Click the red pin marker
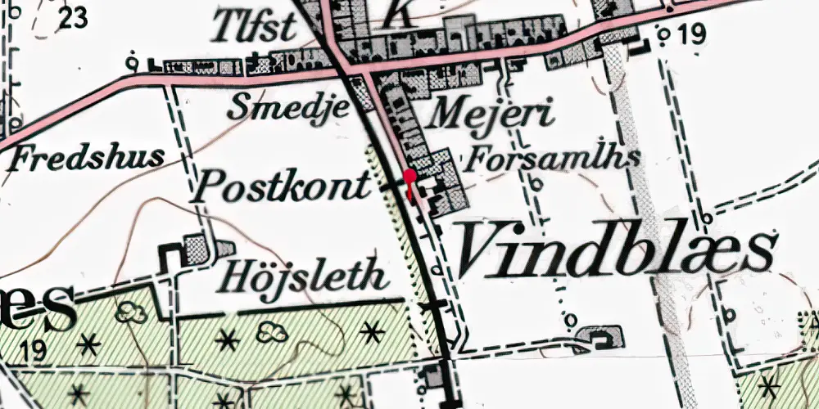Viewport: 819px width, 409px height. click(409, 175)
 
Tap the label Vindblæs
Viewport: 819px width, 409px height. click(615, 249)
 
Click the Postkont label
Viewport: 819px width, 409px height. click(280, 187)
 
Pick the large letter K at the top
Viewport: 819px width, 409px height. click(396, 11)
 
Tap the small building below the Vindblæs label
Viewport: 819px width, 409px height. click(602, 335)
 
